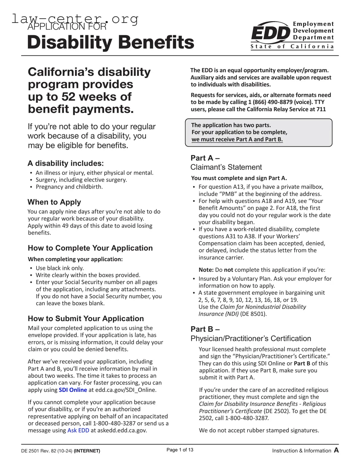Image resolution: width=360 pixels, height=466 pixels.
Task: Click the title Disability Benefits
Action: tap(111, 42)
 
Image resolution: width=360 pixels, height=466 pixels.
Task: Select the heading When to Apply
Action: tap(54, 202)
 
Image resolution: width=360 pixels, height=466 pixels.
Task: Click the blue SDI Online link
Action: tap(73, 390)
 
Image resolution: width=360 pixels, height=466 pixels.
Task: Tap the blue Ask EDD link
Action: tap(78, 430)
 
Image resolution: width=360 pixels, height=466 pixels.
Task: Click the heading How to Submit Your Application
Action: tap(86, 318)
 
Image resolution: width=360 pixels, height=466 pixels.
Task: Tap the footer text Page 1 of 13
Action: tap(180, 450)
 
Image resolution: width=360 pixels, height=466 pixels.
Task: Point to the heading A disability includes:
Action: tap(66, 163)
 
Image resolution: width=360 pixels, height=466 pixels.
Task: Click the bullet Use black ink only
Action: tap(60, 268)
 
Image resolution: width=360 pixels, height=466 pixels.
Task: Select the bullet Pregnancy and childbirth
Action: tap(69, 187)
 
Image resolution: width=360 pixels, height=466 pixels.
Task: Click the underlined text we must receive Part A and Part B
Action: tap(237, 139)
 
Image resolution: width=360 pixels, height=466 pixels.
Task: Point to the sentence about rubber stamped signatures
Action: tap(259, 430)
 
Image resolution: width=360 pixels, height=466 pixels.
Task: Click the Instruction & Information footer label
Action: tap(301, 451)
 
